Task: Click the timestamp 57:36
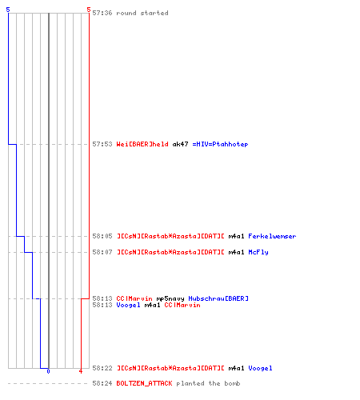(x=102, y=13)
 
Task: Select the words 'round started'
(x=142, y=13)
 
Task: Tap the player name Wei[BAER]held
(x=142, y=144)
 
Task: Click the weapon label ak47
(x=180, y=144)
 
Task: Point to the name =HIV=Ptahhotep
(x=220, y=144)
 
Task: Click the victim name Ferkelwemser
(x=272, y=236)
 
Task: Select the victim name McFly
(x=258, y=252)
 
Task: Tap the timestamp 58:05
(x=102, y=236)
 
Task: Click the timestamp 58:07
(x=102, y=252)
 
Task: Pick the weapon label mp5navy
(x=170, y=298)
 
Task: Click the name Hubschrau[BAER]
(x=218, y=298)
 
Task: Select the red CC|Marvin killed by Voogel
(x=182, y=305)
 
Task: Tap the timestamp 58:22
(x=102, y=368)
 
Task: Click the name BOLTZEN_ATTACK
(x=144, y=383)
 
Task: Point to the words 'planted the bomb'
(x=208, y=383)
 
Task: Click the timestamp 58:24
(x=102, y=383)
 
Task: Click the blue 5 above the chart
(x=8, y=10)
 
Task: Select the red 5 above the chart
(x=89, y=10)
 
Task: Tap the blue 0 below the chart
(x=48, y=371)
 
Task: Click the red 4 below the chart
(x=81, y=371)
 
